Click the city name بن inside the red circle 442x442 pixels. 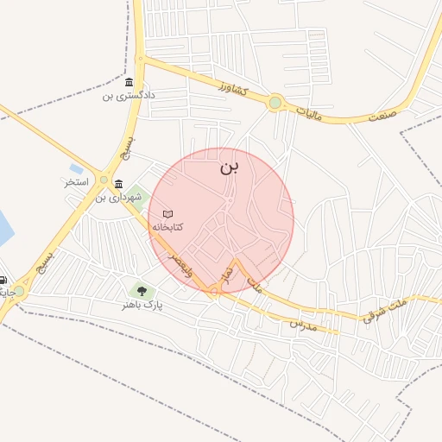[228, 167]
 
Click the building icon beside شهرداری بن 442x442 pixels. [118, 184]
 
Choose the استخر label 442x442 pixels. [77, 184]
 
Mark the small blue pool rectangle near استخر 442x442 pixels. [76, 168]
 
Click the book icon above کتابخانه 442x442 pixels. [167, 213]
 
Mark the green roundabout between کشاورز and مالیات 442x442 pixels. [275, 104]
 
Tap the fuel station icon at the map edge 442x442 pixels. [3, 280]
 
